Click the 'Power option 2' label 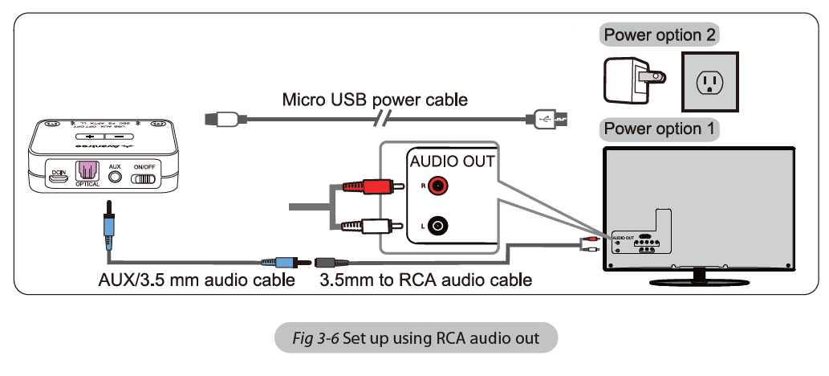pos(660,35)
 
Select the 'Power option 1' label pos(660,129)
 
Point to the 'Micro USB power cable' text pos(375,100)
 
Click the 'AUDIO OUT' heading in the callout pos(453,161)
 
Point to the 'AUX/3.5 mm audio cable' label pos(190,280)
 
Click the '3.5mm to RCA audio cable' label pos(425,280)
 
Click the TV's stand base pos(700,280)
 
